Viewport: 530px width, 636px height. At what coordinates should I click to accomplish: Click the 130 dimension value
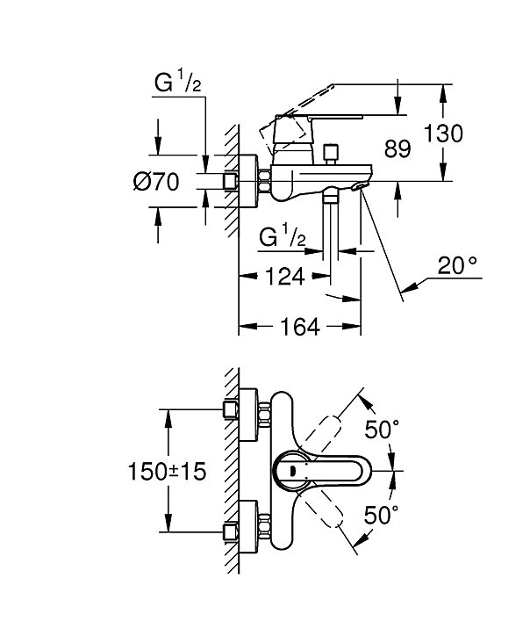[443, 133]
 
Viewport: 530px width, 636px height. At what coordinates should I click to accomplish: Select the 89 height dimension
[397, 148]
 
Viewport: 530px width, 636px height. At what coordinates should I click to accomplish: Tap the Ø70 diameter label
[155, 181]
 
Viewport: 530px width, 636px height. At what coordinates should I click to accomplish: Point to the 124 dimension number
[284, 276]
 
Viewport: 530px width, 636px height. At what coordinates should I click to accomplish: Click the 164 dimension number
[300, 327]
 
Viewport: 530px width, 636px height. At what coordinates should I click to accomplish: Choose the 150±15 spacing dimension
[167, 472]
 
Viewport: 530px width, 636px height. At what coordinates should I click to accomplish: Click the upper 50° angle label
[382, 430]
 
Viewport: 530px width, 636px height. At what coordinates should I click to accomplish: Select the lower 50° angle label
[381, 515]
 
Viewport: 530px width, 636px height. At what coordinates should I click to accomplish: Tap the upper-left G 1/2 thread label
[177, 83]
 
